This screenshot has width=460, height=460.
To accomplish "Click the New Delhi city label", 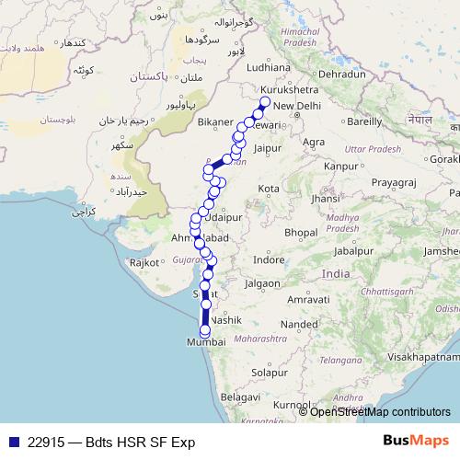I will tap(295, 106).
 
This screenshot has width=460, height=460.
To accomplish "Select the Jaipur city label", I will tap(267, 146).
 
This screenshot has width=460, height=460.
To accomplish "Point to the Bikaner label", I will tap(215, 121).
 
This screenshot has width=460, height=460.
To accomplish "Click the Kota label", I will tap(269, 188).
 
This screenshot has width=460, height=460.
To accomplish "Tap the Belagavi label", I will tap(238, 396).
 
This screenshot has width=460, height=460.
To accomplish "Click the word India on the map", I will tap(336, 273).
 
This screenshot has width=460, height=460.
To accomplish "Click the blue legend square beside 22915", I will tap(12, 442).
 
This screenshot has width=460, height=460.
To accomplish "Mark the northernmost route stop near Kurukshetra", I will tap(265, 101).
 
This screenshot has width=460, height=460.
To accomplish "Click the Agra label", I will tap(314, 142).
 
